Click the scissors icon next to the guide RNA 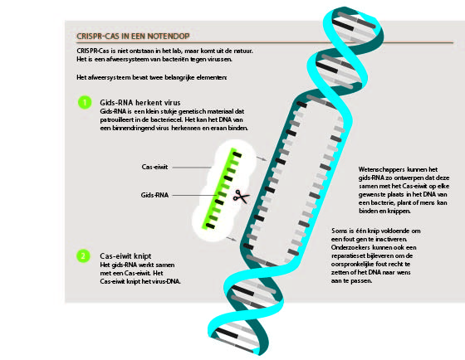(241, 197)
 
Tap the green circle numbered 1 (85, 103)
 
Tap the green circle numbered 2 (83, 255)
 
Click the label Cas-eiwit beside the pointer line (154, 167)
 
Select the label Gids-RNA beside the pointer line (154, 195)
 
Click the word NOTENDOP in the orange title (169, 36)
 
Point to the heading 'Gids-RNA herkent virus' (140, 103)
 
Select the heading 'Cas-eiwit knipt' (125, 255)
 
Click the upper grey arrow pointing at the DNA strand (262, 158)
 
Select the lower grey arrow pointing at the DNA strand (232, 239)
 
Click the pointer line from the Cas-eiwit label (192, 168)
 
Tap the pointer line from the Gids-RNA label (195, 195)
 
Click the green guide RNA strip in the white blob (222, 188)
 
